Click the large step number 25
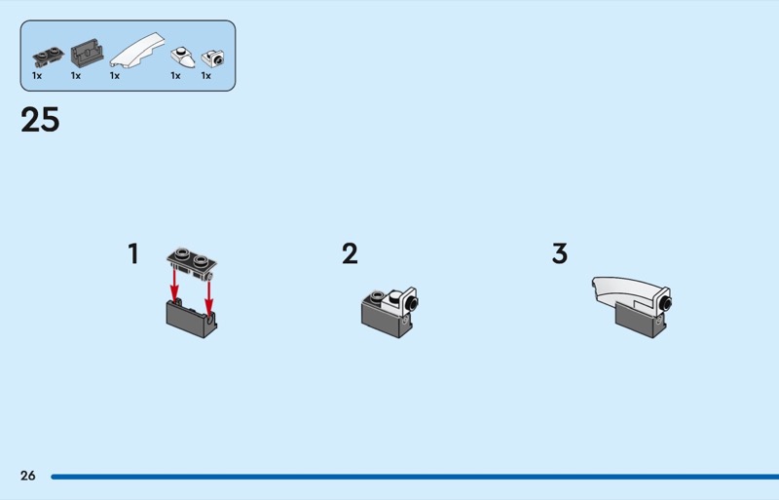(40, 120)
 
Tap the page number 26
(28, 476)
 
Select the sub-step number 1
(133, 253)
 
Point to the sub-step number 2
(350, 253)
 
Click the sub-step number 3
(560, 253)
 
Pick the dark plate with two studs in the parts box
(48, 57)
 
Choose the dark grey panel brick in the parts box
(87, 54)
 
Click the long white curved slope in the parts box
(137, 50)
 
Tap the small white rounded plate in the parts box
(183, 58)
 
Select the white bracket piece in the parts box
(212, 58)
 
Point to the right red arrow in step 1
(209, 298)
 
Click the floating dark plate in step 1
(192, 264)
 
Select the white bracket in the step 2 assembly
(401, 302)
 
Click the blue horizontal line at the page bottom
(415, 477)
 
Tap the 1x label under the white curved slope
(115, 76)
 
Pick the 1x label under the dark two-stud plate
(37, 76)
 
